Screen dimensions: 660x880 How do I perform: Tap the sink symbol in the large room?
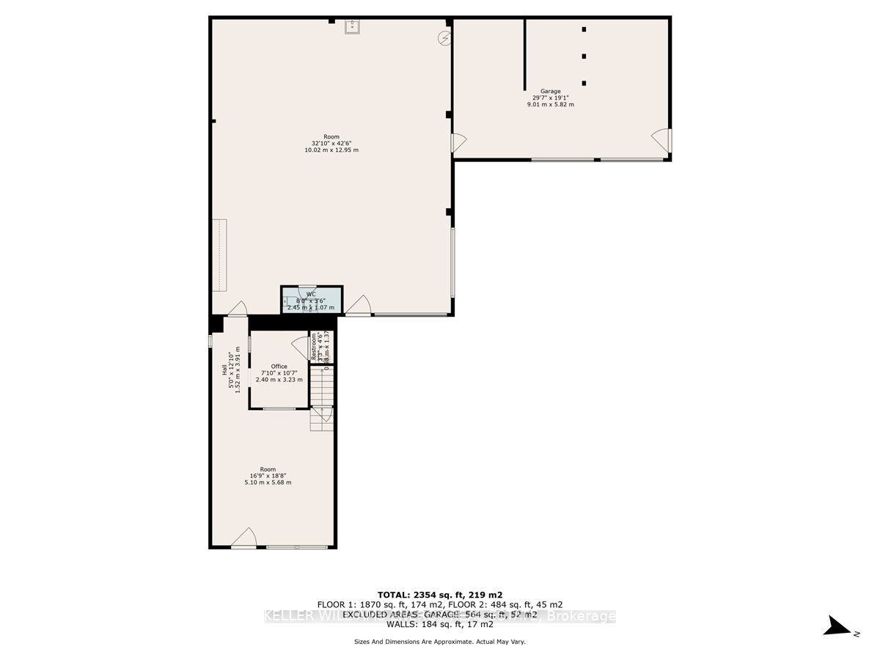pyautogui.click(x=351, y=27)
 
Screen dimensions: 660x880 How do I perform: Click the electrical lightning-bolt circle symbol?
pyautogui.click(x=444, y=37)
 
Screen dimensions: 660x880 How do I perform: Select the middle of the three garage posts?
pyautogui.click(x=584, y=56)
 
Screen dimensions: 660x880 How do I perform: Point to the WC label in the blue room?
pyautogui.click(x=311, y=293)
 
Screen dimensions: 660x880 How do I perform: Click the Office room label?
pyautogui.click(x=279, y=367)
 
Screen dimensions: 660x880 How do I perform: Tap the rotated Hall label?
pyautogui.click(x=225, y=370)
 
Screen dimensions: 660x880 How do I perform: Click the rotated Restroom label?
pyautogui.click(x=314, y=346)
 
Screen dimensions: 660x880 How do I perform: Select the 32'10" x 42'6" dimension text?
pyautogui.click(x=331, y=144)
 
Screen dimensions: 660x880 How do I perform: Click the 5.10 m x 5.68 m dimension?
pyautogui.click(x=268, y=482)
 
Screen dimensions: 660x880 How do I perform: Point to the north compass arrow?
pyautogui.click(x=836, y=626)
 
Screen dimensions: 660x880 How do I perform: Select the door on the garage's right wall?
pyautogui.click(x=661, y=139)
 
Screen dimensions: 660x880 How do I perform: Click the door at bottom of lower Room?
pyautogui.click(x=244, y=539)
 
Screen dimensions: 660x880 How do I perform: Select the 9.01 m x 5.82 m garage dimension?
pyautogui.click(x=551, y=104)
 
